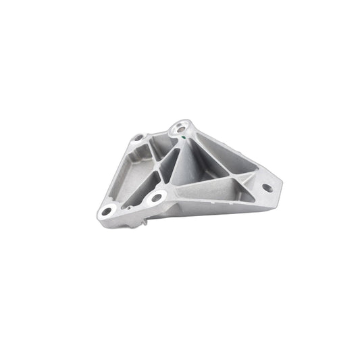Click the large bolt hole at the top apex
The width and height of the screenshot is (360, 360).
click(x=180, y=126)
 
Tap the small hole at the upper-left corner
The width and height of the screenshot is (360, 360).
click(x=138, y=138)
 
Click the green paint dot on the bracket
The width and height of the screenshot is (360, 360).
click(x=186, y=137)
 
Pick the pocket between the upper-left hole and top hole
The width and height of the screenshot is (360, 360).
click(x=160, y=142)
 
